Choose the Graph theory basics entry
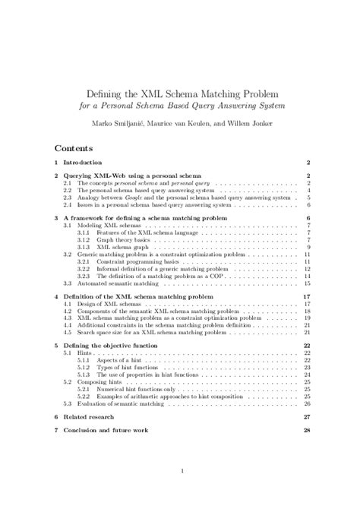pyautogui.click(x=122, y=240)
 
